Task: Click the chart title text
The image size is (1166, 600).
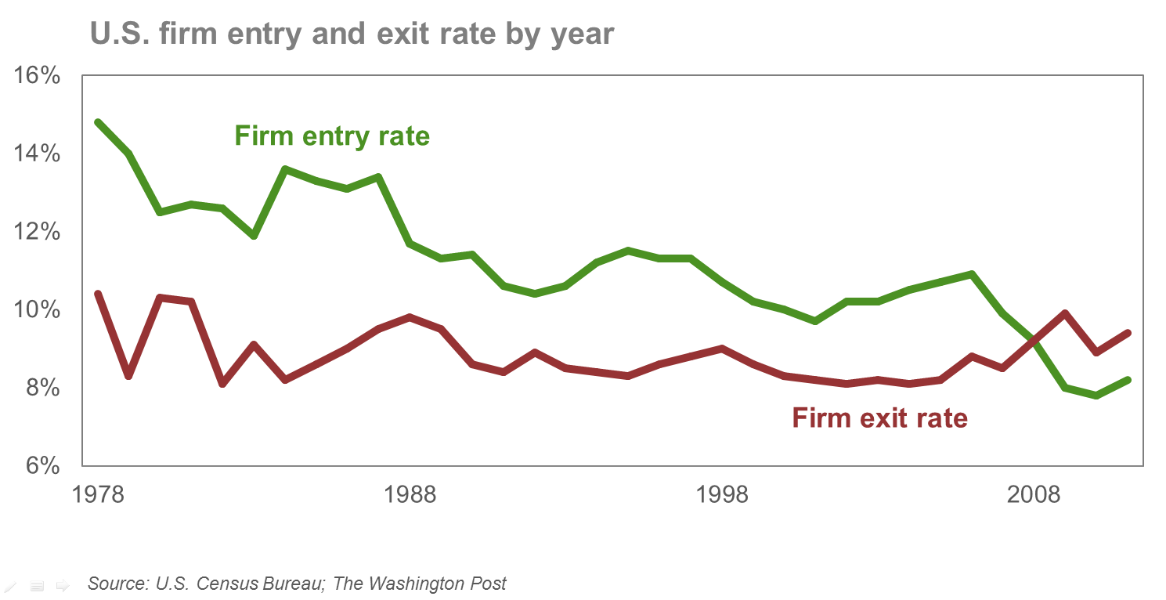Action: point(352,34)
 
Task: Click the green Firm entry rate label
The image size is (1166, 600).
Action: point(332,136)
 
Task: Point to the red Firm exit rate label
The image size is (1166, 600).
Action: point(879,418)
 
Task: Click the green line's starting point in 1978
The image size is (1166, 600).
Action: point(97,122)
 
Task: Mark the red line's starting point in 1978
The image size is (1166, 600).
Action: point(97,294)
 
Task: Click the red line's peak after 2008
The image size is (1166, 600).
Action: point(1065,313)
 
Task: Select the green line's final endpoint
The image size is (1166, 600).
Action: point(1128,380)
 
